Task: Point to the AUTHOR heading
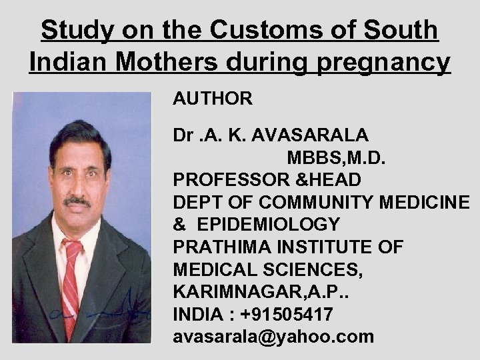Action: pyautogui.click(x=213, y=99)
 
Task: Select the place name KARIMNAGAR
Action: pyautogui.click(x=226, y=292)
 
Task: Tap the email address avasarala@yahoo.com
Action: pyautogui.click(x=273, y=337)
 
